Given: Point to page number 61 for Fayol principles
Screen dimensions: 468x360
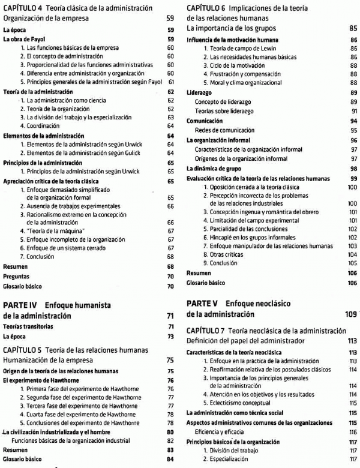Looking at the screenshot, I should (171, 82).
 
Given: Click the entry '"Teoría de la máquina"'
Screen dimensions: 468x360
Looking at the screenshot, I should (53, 230).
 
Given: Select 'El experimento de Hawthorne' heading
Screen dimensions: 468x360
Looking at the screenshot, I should (42, 380).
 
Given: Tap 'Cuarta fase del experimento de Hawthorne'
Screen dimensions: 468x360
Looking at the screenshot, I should (80, 415).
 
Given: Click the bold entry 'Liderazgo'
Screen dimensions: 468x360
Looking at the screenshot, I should (199, 93).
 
